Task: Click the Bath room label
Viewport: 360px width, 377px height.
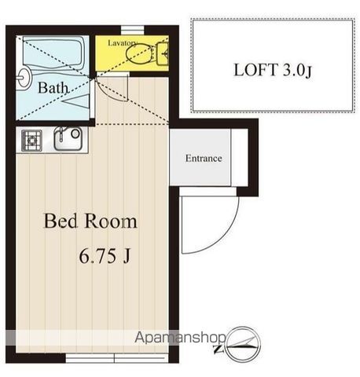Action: [x=53, y=88]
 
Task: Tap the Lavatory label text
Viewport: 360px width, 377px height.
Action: [x=123, y=43]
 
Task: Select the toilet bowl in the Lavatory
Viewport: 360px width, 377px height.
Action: [x=138, y=53]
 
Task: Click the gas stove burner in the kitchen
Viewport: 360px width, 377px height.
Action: [x=31, y=141]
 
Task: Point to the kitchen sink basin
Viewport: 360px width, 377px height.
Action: [x=68, y=138]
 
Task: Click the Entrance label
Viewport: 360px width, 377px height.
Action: [x=204, y=158]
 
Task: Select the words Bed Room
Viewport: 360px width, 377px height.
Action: [x=90, y=221]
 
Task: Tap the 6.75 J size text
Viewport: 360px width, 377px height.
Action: [x=105, y=256]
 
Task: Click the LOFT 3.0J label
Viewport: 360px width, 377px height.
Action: [x=273, y=70]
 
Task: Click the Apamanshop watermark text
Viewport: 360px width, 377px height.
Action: [x=180, y=338]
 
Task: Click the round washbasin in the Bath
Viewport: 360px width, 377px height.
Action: [x=24, y=77]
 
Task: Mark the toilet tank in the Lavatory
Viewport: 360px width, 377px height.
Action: [x=163, y=53]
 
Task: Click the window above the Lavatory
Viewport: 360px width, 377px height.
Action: [x=133, y=30]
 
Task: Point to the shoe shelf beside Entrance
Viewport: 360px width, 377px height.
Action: [x=240, y=158]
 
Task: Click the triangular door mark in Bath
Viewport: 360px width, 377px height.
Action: [x=75, y=101]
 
